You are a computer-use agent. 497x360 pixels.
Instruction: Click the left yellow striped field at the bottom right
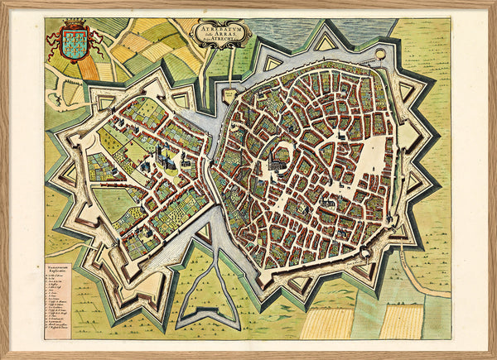pyautogui.click(x=326, y=324)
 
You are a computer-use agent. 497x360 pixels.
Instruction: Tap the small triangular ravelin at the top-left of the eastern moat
pyautogui.click(x=273, y=63)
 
